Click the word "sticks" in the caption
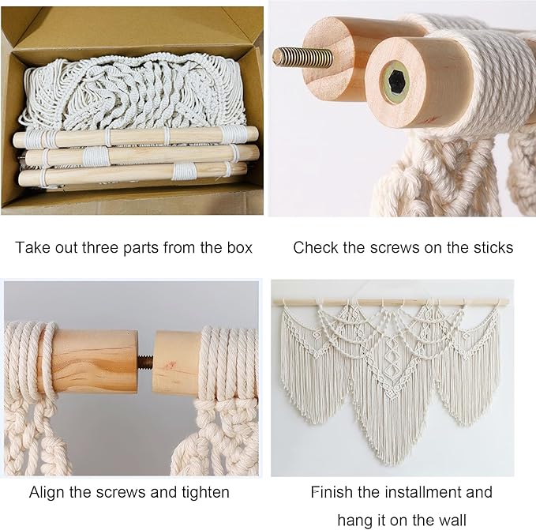(491, 247)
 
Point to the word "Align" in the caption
(47, 492)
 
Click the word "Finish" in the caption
(332, 492)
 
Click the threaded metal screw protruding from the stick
(302, 57)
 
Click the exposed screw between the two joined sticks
(146, 363)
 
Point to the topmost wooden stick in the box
(134, 137)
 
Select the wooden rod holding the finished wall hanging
(391, 302)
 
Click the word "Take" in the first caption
(32, 247)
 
